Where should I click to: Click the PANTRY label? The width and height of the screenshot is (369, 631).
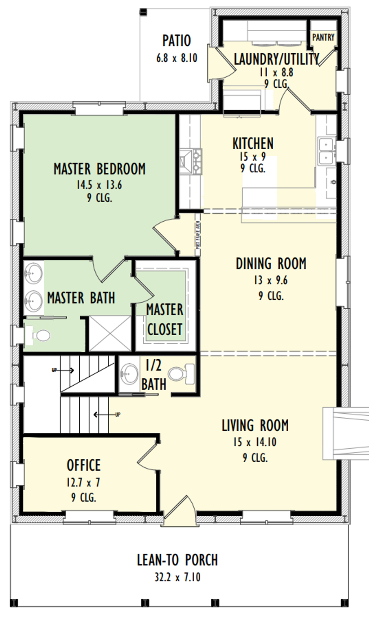(323, 37)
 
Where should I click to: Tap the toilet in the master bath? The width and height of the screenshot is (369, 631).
(42, 336)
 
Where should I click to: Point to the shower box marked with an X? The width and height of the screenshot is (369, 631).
(110, 333)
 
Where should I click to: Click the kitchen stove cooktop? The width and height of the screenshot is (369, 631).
(191, 162)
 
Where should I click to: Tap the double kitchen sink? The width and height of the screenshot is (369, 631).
(326, 151)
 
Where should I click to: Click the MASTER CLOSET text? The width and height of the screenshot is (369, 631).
(165, 319)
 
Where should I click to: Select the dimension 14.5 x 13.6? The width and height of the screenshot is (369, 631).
(99, 185)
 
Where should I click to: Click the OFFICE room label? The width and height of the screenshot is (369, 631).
(84, 465)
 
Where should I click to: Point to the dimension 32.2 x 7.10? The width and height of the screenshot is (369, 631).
(177, 577)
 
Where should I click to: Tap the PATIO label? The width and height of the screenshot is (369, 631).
(177, 41)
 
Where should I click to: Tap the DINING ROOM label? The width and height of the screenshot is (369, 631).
(271, 264)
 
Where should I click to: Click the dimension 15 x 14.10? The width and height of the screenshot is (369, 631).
(255, 442)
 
